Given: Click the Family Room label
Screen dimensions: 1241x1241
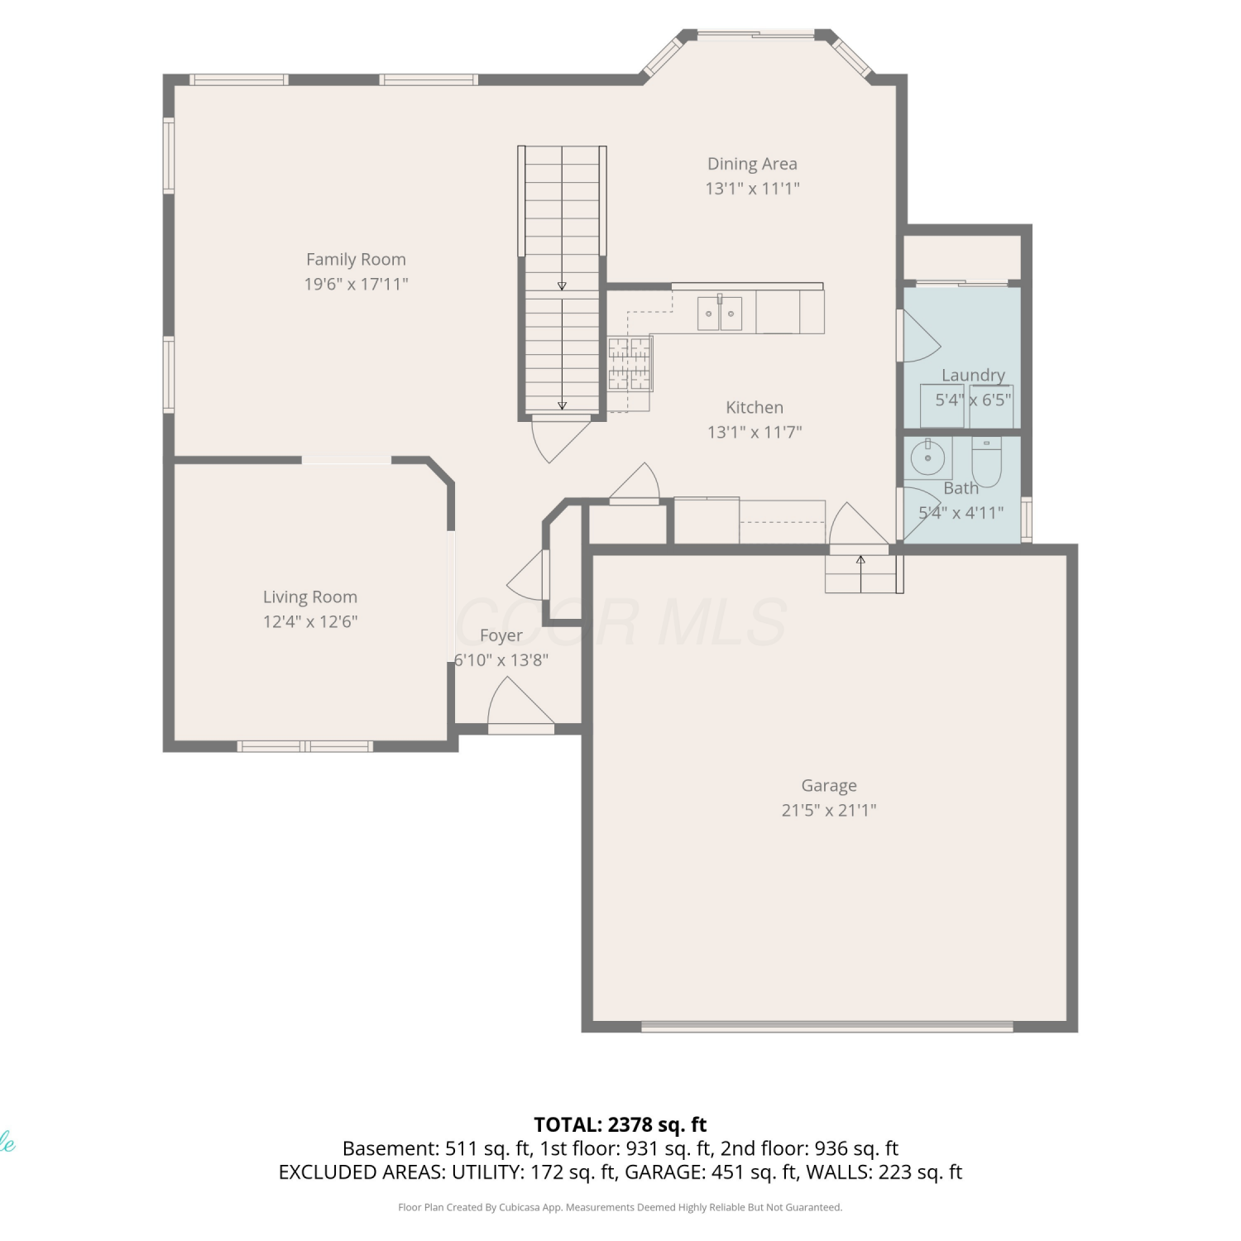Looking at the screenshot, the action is coord(356,260).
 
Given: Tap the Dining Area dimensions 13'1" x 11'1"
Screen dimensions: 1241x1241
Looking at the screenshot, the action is coord(752,189).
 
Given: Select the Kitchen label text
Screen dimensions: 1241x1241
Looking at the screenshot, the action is coord(755,407).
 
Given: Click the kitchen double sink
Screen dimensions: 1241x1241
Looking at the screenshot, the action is coord(720,314).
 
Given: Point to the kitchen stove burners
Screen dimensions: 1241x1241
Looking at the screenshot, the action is coord(630,363).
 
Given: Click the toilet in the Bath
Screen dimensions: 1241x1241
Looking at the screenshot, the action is coord(986,462).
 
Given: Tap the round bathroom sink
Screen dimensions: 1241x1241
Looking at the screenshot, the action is coord(928,457).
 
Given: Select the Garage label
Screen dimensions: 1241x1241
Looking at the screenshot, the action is coord(829,785).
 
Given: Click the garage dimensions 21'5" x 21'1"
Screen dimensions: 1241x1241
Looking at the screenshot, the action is coord(829,810).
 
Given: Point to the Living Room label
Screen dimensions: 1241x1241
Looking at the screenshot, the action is coord(310,597).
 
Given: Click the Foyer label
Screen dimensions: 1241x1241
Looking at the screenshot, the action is coord(501,635).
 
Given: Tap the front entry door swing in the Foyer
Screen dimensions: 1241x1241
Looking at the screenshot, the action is coord(520,705).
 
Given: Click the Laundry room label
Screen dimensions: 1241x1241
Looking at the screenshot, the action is coord(973,375).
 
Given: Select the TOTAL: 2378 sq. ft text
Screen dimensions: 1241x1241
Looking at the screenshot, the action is coord(620,1124).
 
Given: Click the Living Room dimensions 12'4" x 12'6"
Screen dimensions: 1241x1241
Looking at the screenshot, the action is coord(310,621).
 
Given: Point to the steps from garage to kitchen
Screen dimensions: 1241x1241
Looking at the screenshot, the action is coord(861,573).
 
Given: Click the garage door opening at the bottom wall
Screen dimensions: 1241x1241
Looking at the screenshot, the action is coord(827,1027).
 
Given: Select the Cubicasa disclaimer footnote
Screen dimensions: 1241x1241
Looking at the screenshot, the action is coord(620,1207).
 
